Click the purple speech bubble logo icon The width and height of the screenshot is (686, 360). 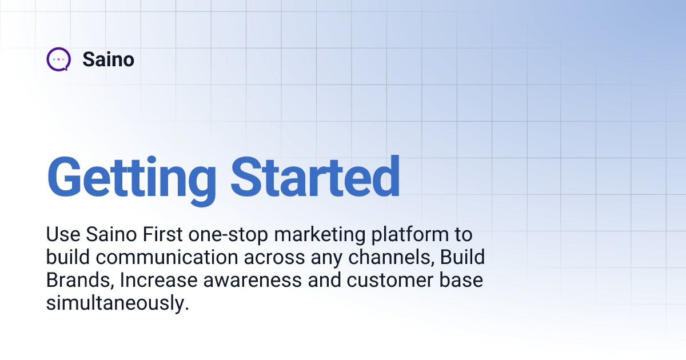pos(58,59)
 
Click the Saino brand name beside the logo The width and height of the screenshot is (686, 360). pos(108,59)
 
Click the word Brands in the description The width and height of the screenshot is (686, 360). pos(79,281)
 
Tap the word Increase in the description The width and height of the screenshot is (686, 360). pos(157,281)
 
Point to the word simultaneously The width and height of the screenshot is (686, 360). pos(117,303)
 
